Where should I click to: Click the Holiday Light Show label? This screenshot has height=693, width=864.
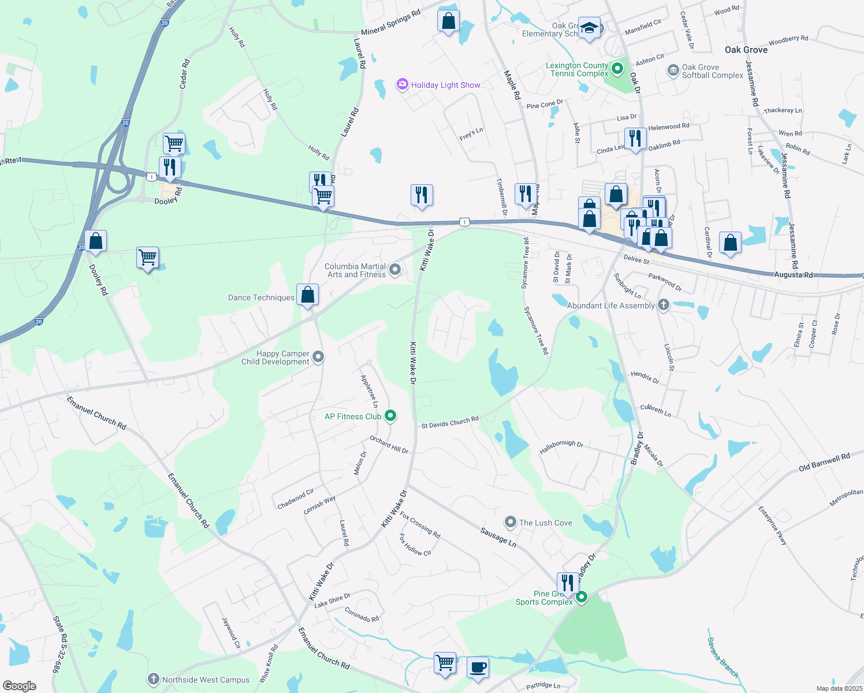click(445, 85)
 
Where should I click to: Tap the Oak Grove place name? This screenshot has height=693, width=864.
click(746, 50)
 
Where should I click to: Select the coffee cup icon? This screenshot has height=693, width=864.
click(478, 668)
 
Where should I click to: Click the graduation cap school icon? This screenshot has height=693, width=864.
click(589, 28)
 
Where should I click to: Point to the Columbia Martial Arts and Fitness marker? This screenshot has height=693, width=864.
click(395, 269)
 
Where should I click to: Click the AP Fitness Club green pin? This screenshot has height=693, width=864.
click(390, 415)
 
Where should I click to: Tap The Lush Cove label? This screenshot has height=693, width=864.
click(545, 523)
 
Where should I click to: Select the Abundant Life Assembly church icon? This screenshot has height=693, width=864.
click(663, 304)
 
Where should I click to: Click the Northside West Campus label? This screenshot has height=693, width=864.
click(206, 680)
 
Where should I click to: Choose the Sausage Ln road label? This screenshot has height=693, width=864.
click(498, 536)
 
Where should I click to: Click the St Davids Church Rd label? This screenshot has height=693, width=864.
click(450, 423)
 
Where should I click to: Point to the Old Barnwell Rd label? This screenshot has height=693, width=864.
click(824, 463)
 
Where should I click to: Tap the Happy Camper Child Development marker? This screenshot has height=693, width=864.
click(318, 357)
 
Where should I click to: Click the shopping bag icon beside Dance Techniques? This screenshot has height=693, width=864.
click(308, 295)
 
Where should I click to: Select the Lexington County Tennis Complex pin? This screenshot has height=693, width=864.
click(617, 69)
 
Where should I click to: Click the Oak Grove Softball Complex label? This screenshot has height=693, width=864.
click(712, 71)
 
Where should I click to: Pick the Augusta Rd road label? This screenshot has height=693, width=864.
click(793, 275)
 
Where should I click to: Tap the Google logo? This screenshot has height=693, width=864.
click(19, 685)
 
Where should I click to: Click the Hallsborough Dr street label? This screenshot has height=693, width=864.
click(561, 446)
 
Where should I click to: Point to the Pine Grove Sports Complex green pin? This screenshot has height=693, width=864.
click(582, 597)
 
